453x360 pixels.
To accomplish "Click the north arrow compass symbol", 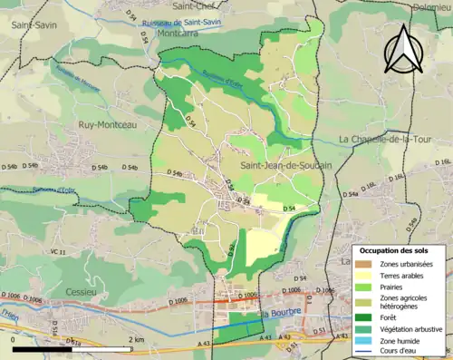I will pos(402,50).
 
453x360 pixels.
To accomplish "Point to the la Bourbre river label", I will pos(279,315).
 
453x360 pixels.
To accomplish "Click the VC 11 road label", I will pos(58,251).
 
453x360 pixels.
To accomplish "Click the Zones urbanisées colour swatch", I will pos(364,264).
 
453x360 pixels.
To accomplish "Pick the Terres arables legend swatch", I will pos(364,275).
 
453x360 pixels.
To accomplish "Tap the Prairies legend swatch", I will pos(364,286).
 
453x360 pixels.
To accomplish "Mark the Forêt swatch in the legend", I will pos(364,317).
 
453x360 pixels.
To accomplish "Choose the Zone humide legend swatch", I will pos(364,339).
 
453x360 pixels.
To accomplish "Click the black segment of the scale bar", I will pos(42,348).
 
